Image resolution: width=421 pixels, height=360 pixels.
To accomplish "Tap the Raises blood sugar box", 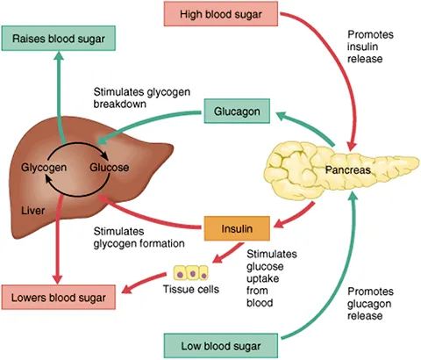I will coord(61,39).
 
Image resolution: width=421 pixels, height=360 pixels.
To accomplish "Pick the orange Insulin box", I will coord(235,229).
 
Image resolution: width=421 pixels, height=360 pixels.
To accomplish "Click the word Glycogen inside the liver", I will coord(44,166).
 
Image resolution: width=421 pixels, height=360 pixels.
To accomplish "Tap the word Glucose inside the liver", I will coord(110,166).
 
